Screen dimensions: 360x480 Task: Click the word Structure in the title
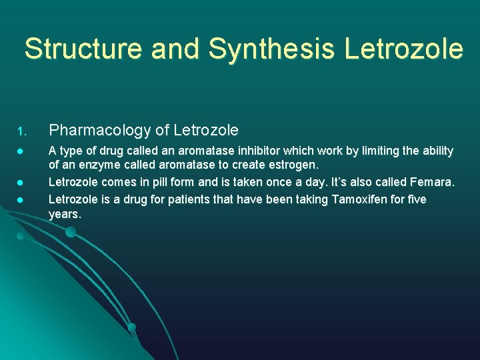82,49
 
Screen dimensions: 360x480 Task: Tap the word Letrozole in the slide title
403,49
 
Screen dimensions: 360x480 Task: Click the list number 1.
21,130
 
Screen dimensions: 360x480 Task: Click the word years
65,214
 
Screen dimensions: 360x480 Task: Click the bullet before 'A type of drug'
21,152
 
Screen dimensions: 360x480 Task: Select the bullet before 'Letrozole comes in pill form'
21,183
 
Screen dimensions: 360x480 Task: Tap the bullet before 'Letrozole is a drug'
21,200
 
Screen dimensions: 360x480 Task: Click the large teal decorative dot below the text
71,232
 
